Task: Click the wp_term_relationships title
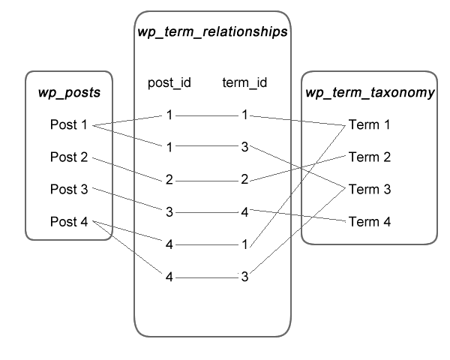point(212,31)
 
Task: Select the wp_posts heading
point(69,93)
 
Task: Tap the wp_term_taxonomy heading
point(370,93)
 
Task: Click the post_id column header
point(169,82)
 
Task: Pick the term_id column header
point(244,82)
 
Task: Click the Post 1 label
point(68,124)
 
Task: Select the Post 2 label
point(69,157)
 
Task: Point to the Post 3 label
point(69,189)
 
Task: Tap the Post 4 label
point(69,222)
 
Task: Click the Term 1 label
point(369,124)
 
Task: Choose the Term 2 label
point(370,157)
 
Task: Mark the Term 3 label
point(370,189)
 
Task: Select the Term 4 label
point(370,222)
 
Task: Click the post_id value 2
point(169,180)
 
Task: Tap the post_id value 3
point(169,212)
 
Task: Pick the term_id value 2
point(244,179)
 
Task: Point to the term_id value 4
point(244,212)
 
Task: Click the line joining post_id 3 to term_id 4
point(207,212)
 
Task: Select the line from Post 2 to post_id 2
point(127,169)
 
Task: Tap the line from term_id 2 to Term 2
point(298,168)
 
